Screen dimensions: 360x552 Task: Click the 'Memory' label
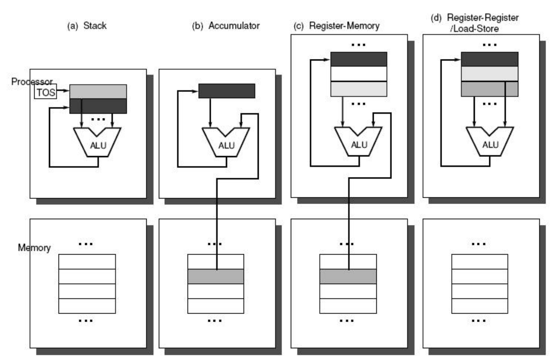pos(34,247)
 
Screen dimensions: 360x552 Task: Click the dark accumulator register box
pos(227,91)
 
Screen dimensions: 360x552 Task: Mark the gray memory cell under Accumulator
pos(216,276)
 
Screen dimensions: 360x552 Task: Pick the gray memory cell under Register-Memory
pos(348,276)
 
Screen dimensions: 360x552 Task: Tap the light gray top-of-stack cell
pos(98,91)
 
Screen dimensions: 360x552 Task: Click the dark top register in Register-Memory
pos(359,59)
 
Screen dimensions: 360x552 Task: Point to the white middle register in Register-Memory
pos(359,73)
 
